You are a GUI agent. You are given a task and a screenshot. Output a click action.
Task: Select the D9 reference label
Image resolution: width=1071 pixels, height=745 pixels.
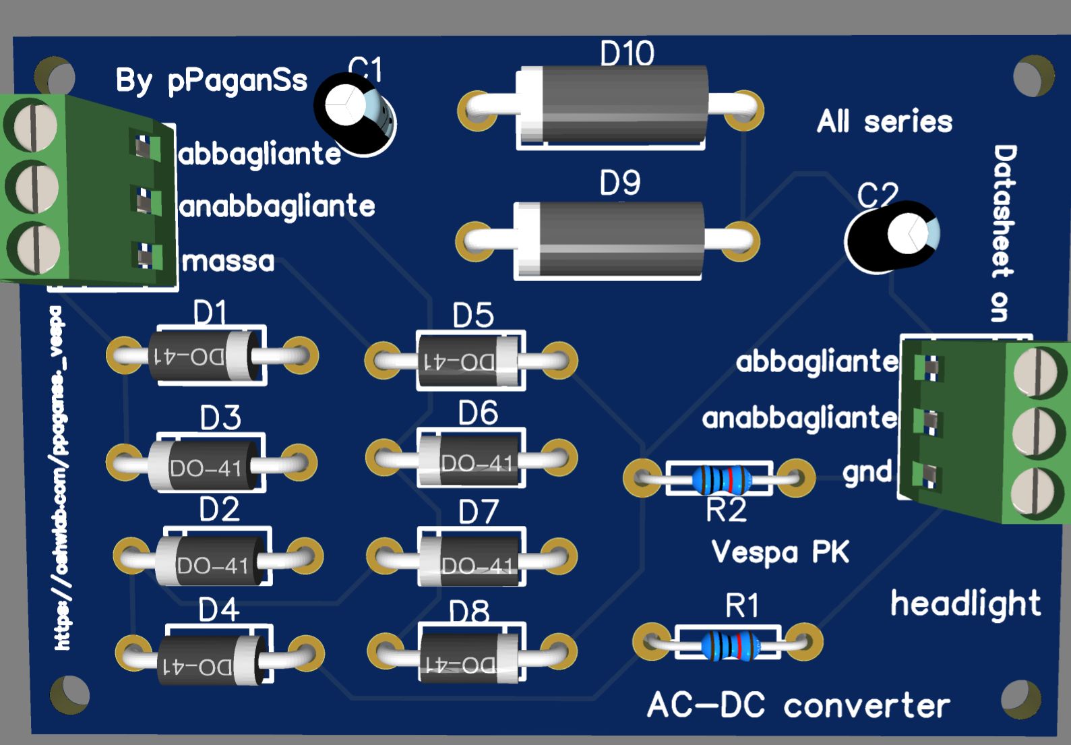click(619, 183)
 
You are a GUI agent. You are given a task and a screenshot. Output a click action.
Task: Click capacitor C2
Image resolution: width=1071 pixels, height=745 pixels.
click(891, 237)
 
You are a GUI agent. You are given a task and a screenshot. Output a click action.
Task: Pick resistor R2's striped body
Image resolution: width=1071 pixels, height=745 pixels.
click(722, 479)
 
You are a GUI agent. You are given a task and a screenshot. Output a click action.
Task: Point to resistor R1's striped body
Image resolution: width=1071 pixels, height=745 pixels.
click(730, 645)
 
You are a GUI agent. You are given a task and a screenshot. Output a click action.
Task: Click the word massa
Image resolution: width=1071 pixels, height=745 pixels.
click(228, 261)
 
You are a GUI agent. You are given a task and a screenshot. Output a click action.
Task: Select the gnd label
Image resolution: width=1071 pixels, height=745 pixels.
click(867, 472)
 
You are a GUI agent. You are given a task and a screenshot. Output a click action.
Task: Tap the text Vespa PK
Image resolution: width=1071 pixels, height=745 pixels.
click(781, 552)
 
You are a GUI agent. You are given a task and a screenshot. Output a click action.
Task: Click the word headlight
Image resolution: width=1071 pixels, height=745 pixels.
click(965, 603)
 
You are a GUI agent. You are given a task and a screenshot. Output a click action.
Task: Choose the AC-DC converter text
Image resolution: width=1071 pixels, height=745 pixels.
click(798, 705)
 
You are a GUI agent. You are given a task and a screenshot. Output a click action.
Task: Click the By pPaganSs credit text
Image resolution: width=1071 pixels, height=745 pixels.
click(211, 82)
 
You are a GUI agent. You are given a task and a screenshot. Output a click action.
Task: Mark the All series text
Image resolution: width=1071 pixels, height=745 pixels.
click(884, 122)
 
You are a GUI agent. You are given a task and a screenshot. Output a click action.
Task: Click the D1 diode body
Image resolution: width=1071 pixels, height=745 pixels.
click(206, 357)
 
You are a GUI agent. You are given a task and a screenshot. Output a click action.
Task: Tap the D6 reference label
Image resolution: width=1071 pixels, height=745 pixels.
click(478, 413)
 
